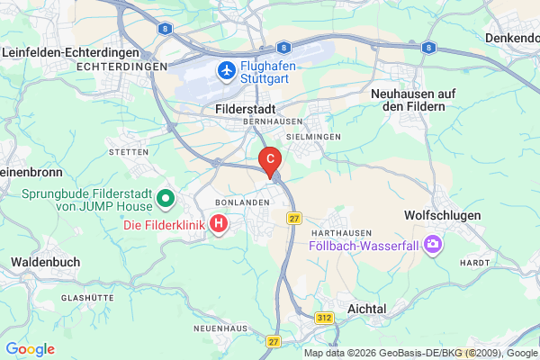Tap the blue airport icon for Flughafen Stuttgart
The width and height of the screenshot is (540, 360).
[x=227, y=69]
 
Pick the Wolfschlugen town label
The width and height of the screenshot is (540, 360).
[x=443, y=216]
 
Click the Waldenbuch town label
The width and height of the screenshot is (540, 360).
[x=45, y=262]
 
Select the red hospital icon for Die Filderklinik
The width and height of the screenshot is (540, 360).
[x=218, y=222]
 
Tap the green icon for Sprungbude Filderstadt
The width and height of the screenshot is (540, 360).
[x=165, y=197]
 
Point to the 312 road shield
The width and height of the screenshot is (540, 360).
[x=326, y=318]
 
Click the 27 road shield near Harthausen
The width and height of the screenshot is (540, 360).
[x=293, y=218]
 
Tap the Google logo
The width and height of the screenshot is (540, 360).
[x=31, y=349]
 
